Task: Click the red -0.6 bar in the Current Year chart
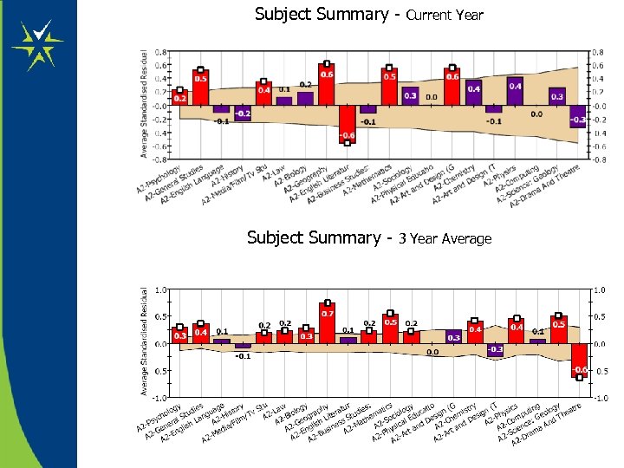(348, 124)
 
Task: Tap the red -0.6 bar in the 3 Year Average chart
(579, 359)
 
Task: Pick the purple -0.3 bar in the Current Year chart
(578, 117)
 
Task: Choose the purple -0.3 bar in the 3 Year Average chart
(495, 350)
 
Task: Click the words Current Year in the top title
(444, 16)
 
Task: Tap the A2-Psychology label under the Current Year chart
(160, 179)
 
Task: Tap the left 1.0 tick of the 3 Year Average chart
(160, 289)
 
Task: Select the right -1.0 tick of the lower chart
(600, 398)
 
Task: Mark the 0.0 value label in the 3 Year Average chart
(432, 352)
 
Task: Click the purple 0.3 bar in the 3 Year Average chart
(453, 337)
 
